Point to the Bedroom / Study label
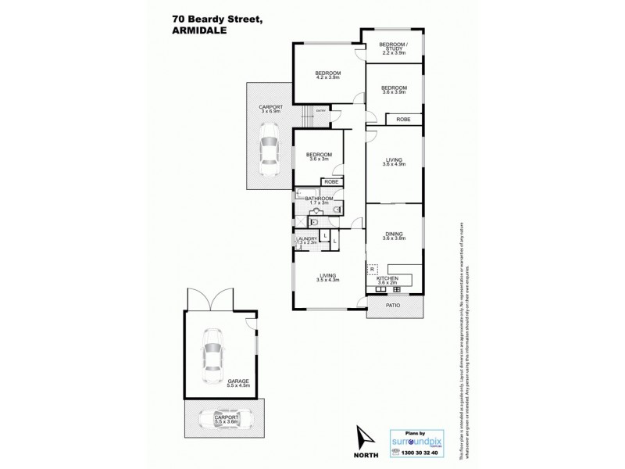tap(393, 48)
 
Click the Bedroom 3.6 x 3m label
tap(320, 156)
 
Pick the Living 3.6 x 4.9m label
tap(394, 162)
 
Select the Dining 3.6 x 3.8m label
tap(394, 236)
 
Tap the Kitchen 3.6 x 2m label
tap(388, 281)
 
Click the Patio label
tap(394, 305)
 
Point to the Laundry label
tap(306, 241)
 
